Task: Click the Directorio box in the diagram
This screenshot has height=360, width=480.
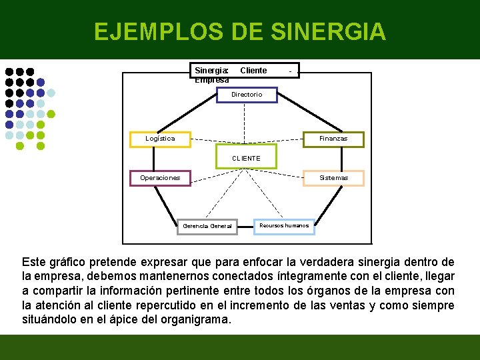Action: (247, 95)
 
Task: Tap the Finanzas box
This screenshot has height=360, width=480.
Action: (333, 139)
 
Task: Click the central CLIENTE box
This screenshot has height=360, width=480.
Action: (246, 158)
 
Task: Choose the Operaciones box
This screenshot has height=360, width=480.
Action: (160, 178)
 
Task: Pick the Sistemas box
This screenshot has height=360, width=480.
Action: (333, 178)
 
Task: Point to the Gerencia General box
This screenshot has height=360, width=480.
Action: (207, 226)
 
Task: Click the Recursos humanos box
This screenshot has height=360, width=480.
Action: (284, 226)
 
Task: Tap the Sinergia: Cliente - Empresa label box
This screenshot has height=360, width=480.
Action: (244, 71)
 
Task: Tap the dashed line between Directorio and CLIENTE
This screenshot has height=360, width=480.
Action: (245, 123)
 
